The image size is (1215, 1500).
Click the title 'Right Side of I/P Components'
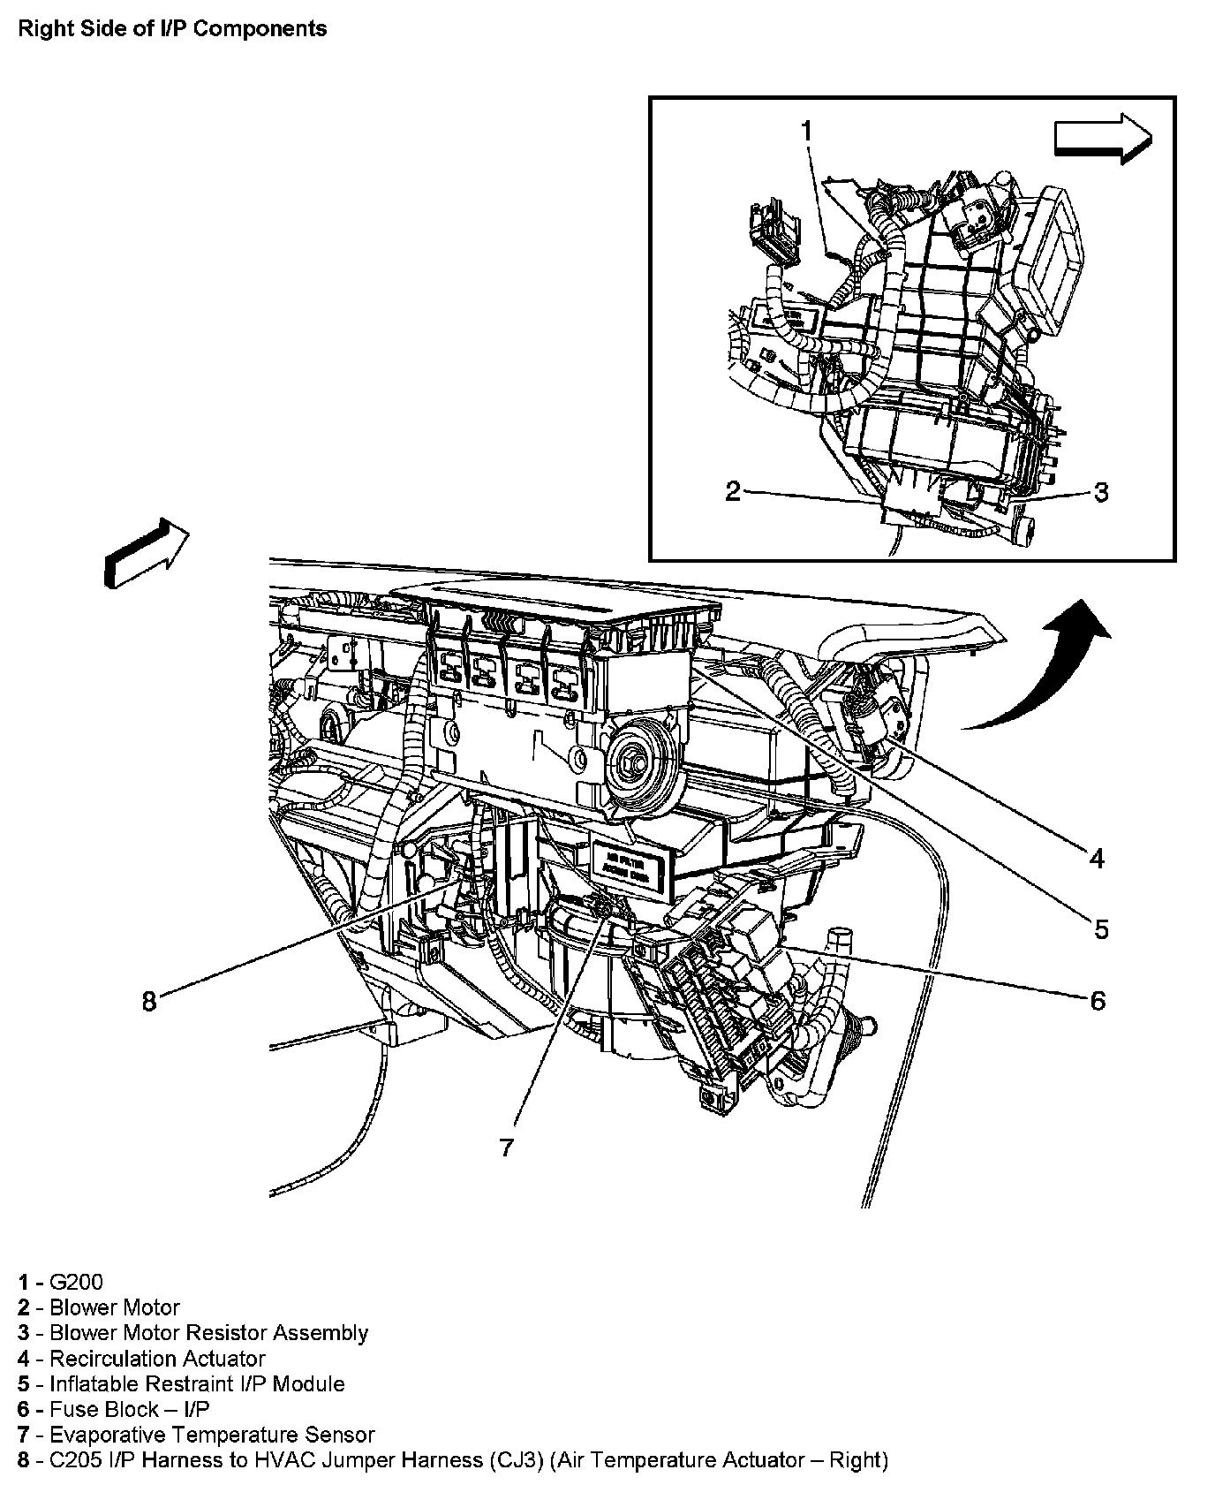pyautogui.click(x=173, y=29)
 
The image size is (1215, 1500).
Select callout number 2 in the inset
pyautogui.click(x=733, y=491)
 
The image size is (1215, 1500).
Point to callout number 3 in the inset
pyautogui.click(x=1100, y=492)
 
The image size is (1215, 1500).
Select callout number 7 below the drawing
pyautogui.click(x=506, y=1147)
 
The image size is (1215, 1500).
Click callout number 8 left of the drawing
pyautogui.click(x=149, y=1001)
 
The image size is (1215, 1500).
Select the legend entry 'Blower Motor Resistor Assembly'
pyautogui.click(x=208, y=1332)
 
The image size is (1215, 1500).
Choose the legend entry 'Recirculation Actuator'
pyautogui.click(x=157, y=1359)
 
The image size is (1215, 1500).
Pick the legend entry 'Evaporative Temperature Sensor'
pyautogui.click(x=212, y=1435)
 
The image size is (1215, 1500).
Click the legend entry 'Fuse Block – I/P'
pyautogui.click(x=129, y=1409)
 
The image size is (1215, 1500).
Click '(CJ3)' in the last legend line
pyautogui.click(x=513, y=1460)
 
